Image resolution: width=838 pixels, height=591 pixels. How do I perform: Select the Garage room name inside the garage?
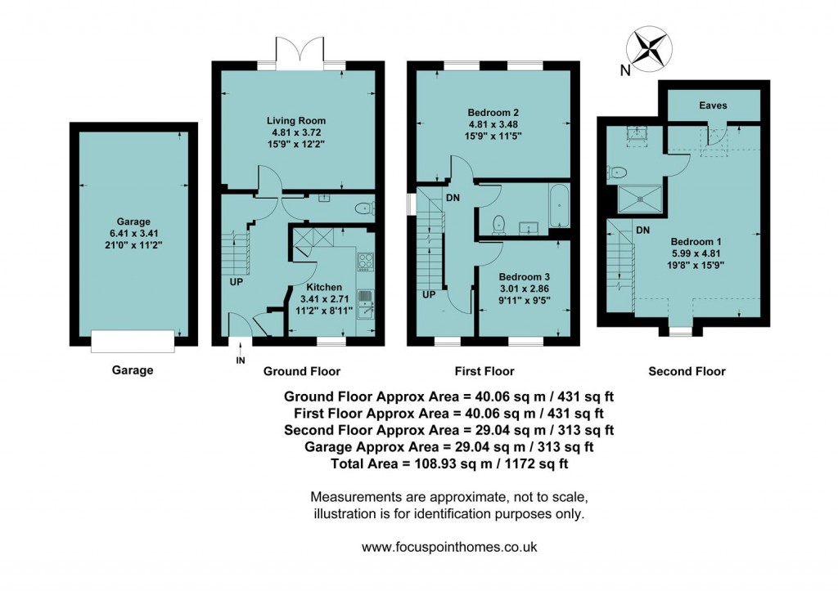click(x=133, y=221)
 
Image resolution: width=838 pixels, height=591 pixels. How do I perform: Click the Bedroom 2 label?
click(x=493, y=112)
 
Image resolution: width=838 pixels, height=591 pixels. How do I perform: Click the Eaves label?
click(x=713, y=105)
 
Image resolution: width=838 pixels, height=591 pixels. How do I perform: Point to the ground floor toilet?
click(x=362, y=209)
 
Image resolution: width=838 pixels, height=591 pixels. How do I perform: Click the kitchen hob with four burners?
click(x=366, y=262)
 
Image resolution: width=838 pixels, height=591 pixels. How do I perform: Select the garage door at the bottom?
click(x=133, y=340)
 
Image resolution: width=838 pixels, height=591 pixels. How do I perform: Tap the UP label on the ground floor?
click(x=236, y=282)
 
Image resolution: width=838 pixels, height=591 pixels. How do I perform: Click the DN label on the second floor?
click(x=643, y=230)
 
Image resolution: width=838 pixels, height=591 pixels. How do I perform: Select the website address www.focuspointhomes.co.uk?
click(x=448, y=548)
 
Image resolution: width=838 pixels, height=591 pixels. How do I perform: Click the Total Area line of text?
click(x=448, y=463)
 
